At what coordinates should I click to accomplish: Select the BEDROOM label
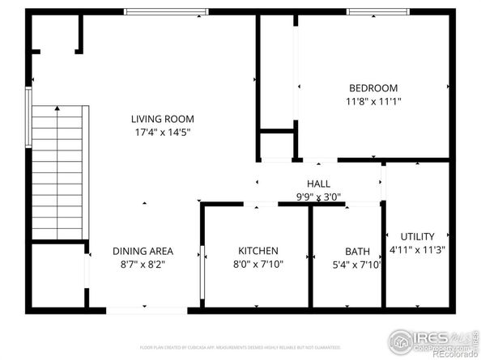373,88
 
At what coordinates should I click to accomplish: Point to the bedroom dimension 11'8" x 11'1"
373,101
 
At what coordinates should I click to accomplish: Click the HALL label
317,184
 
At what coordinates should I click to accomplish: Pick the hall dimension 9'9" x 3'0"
317,197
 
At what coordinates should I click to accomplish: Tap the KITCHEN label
258,251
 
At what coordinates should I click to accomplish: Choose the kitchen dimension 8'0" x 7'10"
258,264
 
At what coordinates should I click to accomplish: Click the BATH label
357,252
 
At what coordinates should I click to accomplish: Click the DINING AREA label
143,251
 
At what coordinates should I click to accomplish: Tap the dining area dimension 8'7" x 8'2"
143,264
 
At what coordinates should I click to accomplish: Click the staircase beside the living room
57,174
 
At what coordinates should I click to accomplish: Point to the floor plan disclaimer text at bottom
228,348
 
